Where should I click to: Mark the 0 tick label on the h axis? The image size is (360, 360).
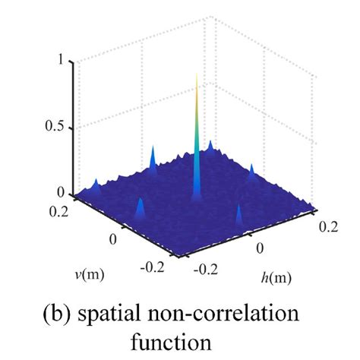261,247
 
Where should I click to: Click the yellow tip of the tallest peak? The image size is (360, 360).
197,77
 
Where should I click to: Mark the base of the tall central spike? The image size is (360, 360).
197,196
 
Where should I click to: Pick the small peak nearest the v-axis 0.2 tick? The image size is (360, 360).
96,185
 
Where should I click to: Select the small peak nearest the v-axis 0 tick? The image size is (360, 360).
140,207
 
